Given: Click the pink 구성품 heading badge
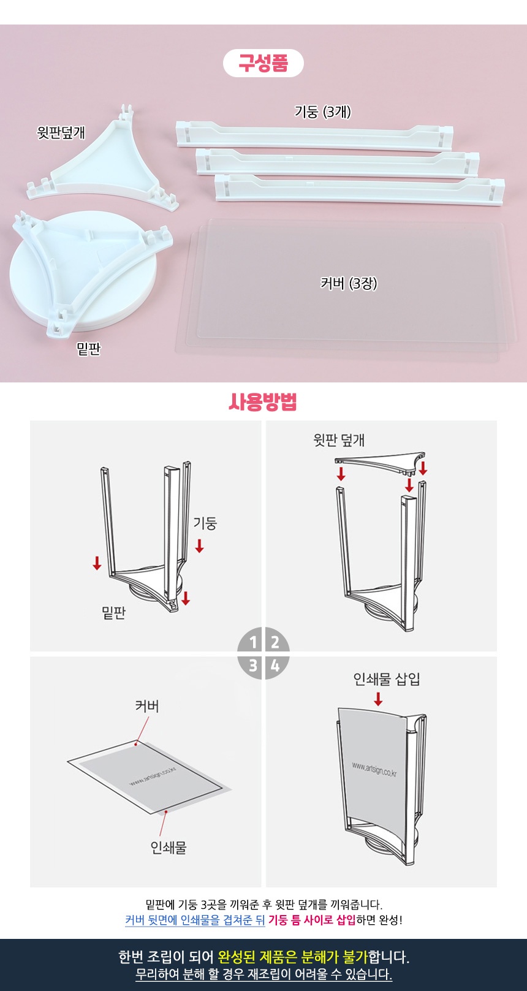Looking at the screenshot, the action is click(263, 63).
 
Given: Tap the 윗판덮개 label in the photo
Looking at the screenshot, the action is click(61, 132).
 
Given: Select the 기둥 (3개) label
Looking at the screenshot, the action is click(322, 112).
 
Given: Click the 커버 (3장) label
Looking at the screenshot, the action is click(349, 283).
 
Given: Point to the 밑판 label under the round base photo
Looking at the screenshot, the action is click(88, 349).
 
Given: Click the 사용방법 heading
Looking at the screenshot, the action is click(263, 401).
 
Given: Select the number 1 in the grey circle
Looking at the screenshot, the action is click(253, 642).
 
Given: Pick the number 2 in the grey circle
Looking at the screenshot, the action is click(275, 642).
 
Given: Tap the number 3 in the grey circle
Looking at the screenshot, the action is click(253, 665).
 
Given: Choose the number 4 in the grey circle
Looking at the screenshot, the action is click(275, 665).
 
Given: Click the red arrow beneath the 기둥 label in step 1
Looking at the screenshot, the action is click(200, 546).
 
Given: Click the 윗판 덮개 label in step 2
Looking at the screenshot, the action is click(339, 440).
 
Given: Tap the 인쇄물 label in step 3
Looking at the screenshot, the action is click(169, 847).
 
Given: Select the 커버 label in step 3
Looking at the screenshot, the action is click(147, 705).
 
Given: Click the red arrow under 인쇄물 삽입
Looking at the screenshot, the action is click(378, 699).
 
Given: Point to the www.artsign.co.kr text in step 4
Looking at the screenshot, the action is click(374, 769).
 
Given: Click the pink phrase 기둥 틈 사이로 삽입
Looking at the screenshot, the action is click(312, 921).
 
